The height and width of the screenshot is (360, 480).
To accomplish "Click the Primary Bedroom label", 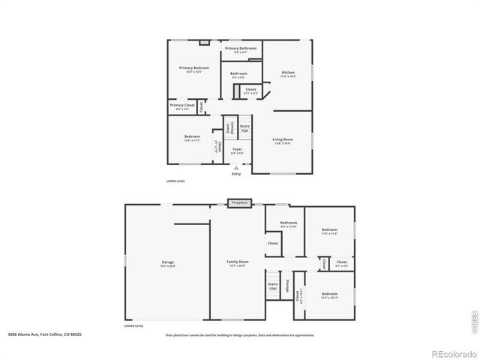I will click(193, 68).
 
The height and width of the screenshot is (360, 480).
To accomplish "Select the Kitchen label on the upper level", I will click(288, 73).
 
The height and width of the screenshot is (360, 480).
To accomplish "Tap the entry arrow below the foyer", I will click(236, 168).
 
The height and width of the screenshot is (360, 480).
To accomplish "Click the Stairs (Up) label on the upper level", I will click(244, 127).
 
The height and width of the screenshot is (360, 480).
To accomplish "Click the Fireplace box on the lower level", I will click(239, 202).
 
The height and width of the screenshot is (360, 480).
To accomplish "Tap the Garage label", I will click(147, 262).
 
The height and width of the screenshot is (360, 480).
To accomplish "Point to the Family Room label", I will click(238, 262).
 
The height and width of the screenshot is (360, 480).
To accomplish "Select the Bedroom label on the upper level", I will click(191, 137).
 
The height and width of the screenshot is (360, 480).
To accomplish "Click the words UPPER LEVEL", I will click(175, 181).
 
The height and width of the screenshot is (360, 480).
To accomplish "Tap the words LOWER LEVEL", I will click(133, 326).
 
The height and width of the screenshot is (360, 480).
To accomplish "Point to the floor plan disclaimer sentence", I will click(239, 335).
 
